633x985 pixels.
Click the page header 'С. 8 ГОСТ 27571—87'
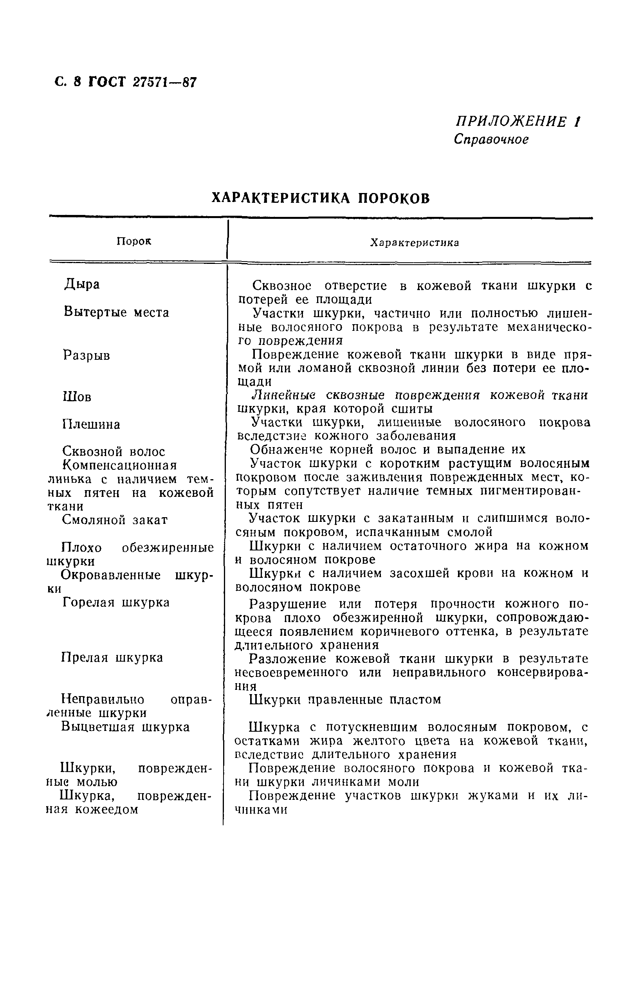[126, 82]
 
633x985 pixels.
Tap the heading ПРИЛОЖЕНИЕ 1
[518, 122]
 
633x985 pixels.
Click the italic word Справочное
[491, 139]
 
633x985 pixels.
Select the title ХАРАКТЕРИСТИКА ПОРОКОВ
[321, 198]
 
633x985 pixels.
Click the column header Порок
[134, 241]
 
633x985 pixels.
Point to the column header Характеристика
[414, 243]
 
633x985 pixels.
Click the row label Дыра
[82, 285]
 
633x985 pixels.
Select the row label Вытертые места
[116, 312]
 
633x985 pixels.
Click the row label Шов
[77, 397]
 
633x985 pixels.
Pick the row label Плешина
[91, 424]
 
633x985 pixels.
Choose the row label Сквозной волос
[114, 452]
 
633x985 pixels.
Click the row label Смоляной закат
[115, 520]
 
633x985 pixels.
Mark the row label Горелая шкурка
[116, 603]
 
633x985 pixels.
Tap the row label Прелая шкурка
[112, 658]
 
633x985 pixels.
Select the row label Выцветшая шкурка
[125, 727]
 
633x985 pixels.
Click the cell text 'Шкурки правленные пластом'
[345, 700]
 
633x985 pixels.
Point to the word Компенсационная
[120, 465]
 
